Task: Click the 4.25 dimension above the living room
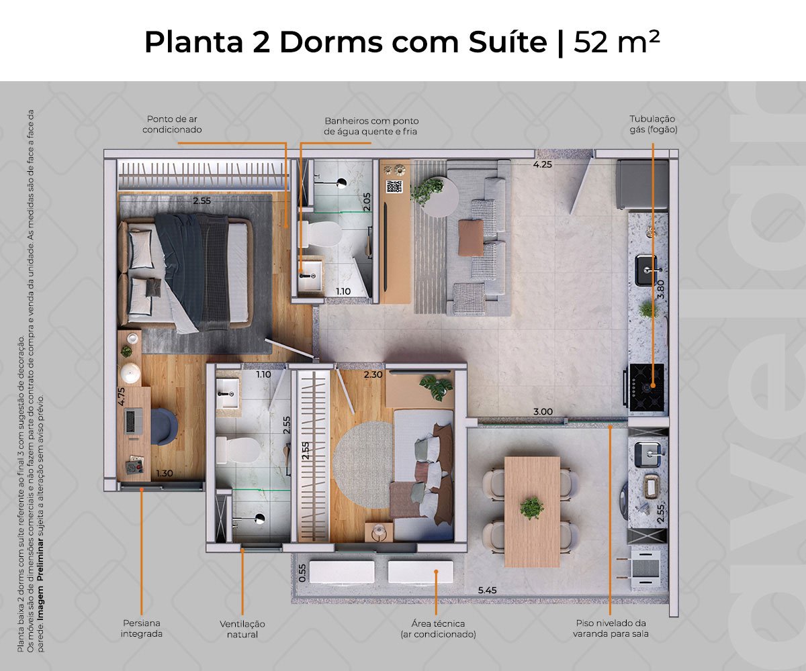[x=542, y=164]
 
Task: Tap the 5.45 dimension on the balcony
[x=487, y=590]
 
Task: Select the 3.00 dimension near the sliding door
[x=543, y=411]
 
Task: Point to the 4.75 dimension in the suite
[x=121, y=396]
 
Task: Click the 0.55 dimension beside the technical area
[x=302, y=573]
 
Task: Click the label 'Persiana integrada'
[x=141, y=628]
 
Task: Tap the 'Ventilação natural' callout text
[x=242, y=629]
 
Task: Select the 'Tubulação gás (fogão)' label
[x=653, y=124]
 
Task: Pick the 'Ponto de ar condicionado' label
[x=172, y=124]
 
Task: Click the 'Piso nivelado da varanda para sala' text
[x=611, y=628]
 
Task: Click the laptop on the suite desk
[x=134, y=421]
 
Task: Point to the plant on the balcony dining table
[x=531, y=507]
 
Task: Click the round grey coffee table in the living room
[x=440, y=197]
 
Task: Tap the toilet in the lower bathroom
[x=238, y=450]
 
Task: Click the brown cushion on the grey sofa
[x=471, y=238]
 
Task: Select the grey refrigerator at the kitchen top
[x=642, y=185]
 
